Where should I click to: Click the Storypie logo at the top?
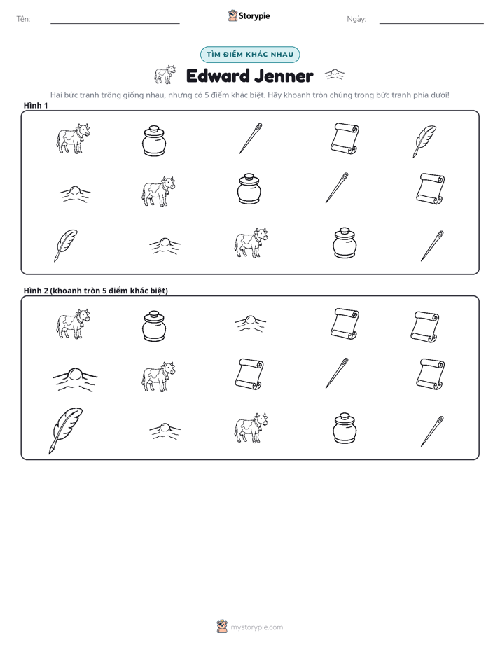click(x=249, y=16)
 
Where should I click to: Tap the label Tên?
click(x=23, y=19)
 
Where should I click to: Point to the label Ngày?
click(x=356, y=19)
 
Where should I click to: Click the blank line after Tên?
click(x=115, y=23)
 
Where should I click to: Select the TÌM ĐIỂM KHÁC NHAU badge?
click(x=250, y=55)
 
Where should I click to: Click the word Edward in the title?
click(x=217, y=76)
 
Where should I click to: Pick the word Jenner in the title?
click(x=284, y=76)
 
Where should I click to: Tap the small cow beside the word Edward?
click(x=165, y=74)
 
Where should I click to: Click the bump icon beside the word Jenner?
click(x=335, y=74)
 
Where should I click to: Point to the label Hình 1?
click(x=36, y=106)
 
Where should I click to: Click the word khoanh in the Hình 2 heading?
click(x=67, y=291)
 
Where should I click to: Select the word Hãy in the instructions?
click(x=275, y=95)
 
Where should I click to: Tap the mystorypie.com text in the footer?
click(x=256, y=627)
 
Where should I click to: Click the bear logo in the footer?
click(x=222, y=627)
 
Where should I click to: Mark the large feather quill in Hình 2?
click(x=66, y=431)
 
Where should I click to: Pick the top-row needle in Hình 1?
click(x=251, y=138)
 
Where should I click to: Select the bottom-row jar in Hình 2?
click(x=345, y=428)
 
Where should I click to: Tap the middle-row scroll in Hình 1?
click(x=430, y=189)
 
